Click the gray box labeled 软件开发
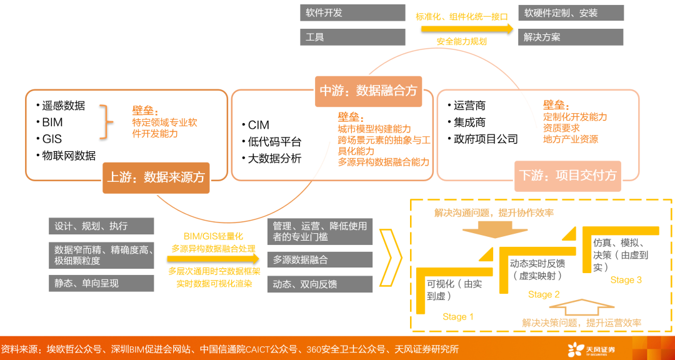352,13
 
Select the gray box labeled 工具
352,37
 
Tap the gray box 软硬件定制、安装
571,13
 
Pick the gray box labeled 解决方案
571,37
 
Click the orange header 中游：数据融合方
367,91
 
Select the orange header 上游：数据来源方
156,177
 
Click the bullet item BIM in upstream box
52,122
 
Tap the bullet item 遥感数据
64,106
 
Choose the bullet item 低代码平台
274,142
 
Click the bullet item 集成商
469,122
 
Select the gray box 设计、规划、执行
101,226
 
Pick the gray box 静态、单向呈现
101,283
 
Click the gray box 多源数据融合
319,260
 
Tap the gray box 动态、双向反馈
319,284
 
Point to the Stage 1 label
458,317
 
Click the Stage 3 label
626,280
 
